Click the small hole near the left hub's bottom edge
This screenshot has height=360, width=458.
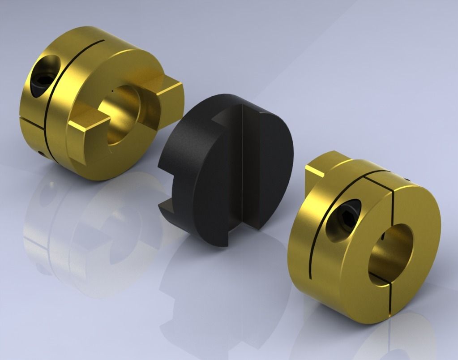click(41, 154)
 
